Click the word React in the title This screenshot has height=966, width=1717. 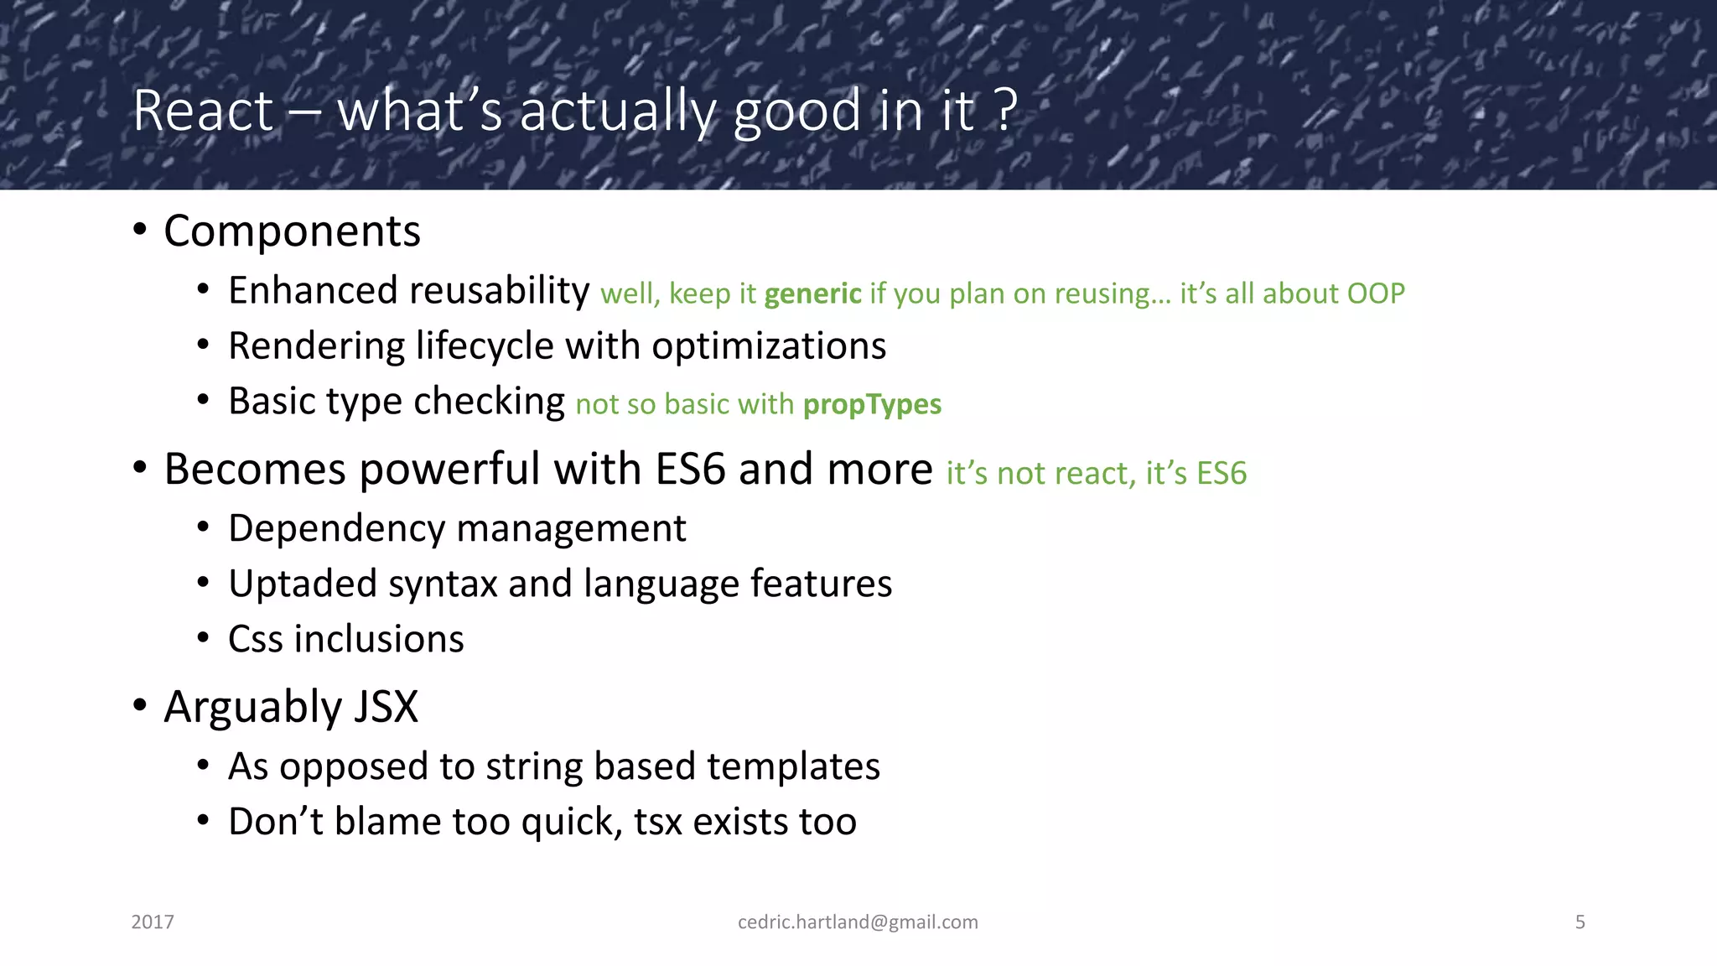204,111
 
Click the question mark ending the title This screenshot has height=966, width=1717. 1006,111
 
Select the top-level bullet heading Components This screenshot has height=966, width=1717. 292,231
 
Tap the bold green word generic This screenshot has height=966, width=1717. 812,294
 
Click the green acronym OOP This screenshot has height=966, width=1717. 1375,293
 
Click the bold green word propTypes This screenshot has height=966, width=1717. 872,405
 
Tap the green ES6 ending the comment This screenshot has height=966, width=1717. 1222,474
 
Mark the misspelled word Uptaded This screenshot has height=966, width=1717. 303,584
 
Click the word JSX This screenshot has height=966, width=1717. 386,707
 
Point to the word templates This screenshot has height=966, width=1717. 793,766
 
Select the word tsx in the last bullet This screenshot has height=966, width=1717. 658,822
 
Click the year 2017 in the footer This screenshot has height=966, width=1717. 153,922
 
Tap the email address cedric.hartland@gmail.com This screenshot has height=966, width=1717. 858,922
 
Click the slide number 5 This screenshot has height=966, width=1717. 1580,922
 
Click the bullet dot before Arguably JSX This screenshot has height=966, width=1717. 140,706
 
